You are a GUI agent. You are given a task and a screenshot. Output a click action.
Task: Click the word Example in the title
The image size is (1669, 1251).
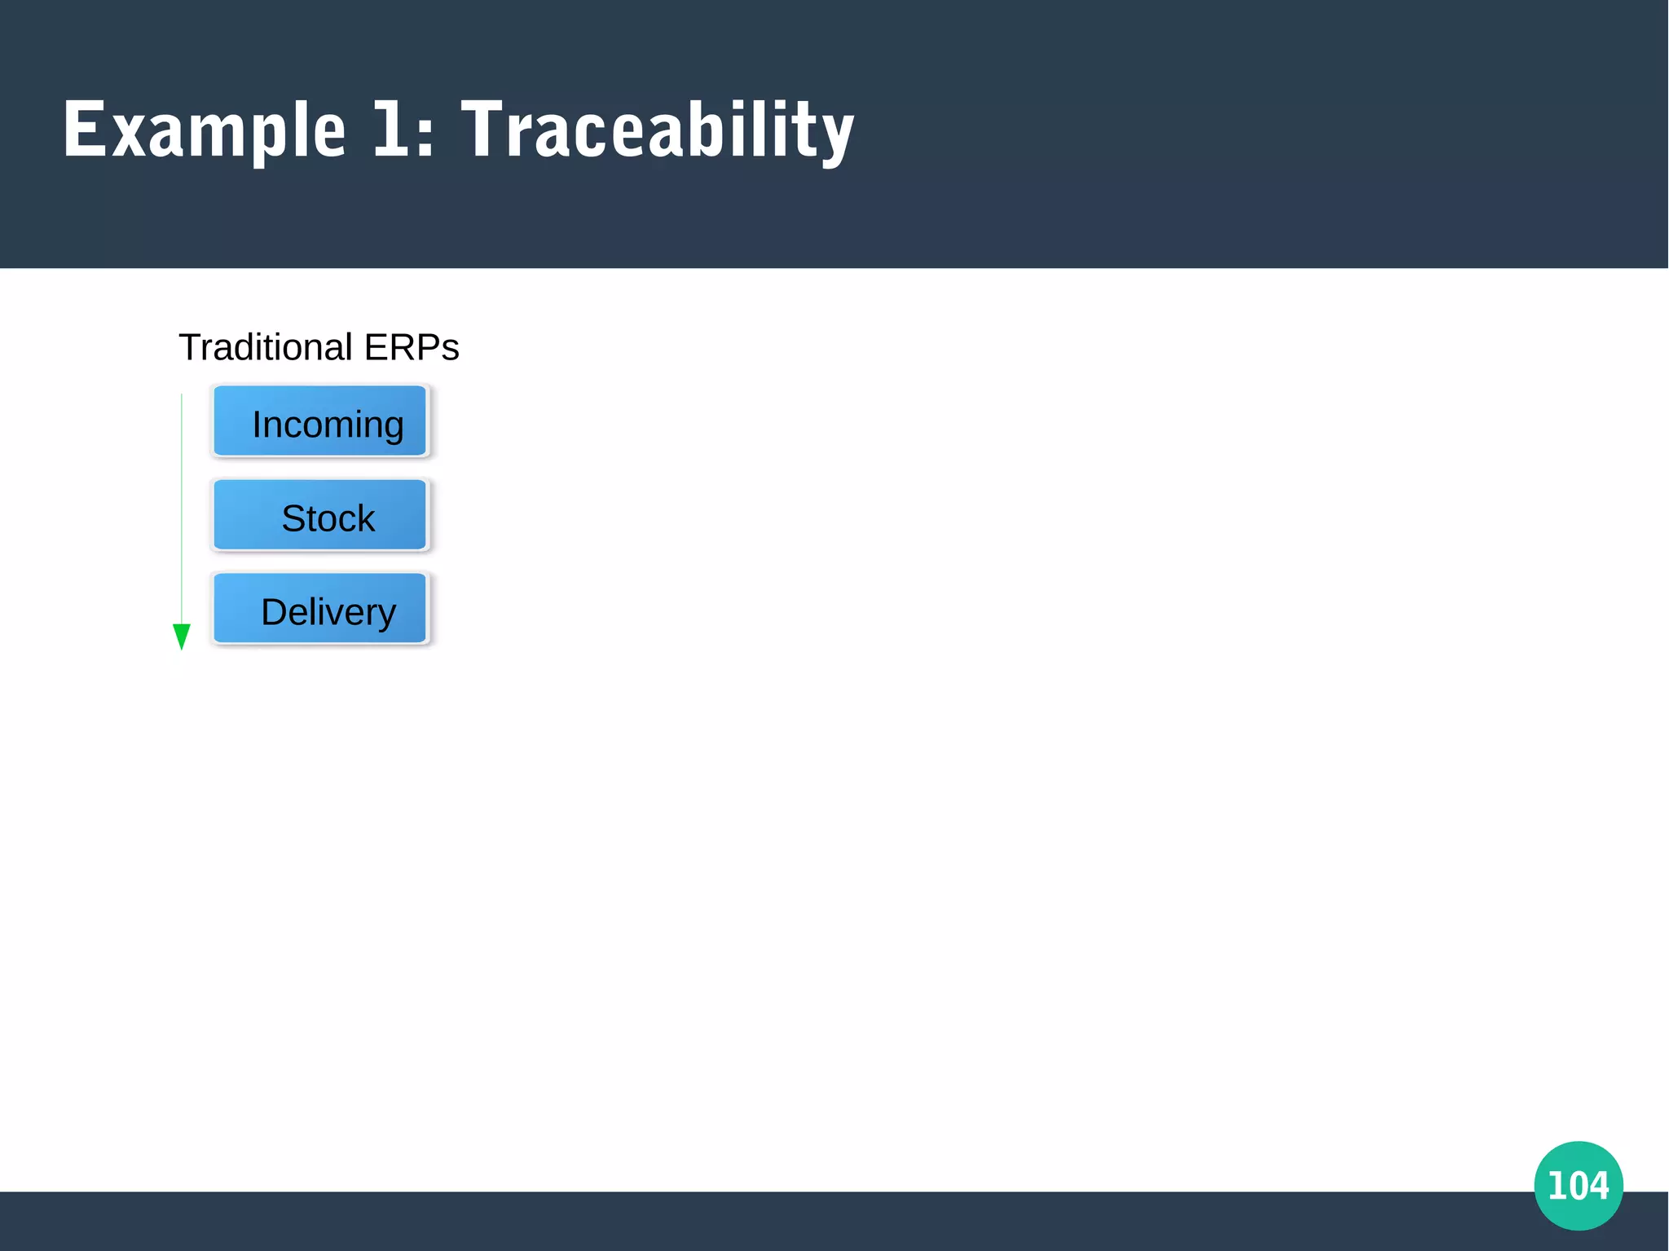[x=204, y=130]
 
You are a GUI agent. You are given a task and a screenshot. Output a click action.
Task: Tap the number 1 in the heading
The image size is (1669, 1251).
[x=390, y=129]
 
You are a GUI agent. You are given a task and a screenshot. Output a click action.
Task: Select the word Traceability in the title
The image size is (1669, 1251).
[x=657, y=130]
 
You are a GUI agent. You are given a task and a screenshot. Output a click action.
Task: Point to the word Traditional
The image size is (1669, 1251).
[x=266, y=347]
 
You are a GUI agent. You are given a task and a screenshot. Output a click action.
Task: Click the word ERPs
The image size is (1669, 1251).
[x=412, y=347]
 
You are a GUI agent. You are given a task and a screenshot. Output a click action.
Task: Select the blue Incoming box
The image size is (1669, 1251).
[x=319, y=421]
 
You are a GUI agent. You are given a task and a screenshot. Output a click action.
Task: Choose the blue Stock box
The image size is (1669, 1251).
[x=319, y=515]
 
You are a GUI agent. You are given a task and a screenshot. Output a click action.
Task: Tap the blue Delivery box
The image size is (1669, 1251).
[x=319, y=609]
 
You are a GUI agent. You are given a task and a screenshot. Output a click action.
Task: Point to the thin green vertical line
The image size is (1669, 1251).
[x=182, y=505]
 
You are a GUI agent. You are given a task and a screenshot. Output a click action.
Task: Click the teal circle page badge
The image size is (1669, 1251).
[x=1578, y=1185]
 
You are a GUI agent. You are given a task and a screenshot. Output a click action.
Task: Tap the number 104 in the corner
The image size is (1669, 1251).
[x=1578, y=1186]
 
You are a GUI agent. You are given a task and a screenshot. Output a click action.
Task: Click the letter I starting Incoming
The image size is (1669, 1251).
[x=257, y=425]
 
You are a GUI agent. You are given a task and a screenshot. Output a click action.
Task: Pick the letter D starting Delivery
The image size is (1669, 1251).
[x=272, y=612]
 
